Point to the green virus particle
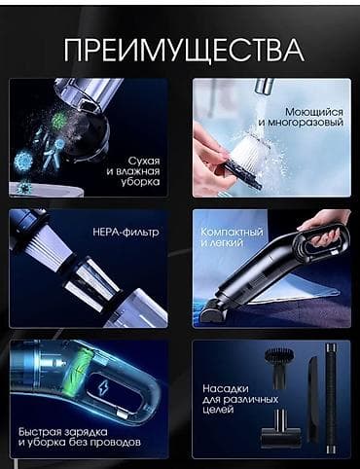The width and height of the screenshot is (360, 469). [57, 122]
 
